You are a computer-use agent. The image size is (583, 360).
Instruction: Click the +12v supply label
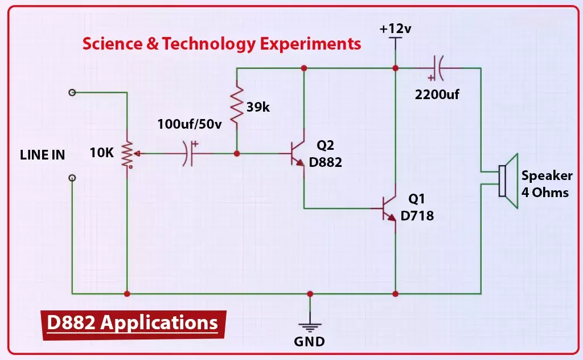coord(395,28)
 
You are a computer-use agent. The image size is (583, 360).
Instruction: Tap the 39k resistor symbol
coord(237,105)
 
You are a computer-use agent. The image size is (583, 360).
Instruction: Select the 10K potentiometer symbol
coord(128,154)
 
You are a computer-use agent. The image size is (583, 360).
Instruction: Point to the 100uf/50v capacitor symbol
coord(189,153)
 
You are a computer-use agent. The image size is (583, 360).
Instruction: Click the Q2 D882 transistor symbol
coord(297,154)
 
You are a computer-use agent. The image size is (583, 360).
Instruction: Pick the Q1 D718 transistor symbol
coord(389,208)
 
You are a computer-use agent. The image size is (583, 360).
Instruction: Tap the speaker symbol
coord(508,181)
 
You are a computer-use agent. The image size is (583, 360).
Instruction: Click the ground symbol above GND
coord(310,328)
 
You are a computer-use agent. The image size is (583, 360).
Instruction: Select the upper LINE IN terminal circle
coord(72,92)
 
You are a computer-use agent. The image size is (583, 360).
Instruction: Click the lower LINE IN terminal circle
coord(72,178)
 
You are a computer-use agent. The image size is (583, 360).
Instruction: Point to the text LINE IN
coord(42,155)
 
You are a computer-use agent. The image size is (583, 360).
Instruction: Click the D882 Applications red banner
coord(133,325)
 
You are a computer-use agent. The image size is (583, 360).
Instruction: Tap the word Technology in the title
coord(209,44)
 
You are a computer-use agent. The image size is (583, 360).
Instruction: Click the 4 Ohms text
coord(545,193)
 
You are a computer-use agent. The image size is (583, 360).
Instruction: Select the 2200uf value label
coord(437,95)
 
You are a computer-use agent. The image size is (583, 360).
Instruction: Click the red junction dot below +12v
coord(395,68)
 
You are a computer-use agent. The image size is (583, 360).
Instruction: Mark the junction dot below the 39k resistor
coord(237,153)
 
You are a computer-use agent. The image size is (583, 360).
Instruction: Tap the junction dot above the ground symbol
coord(310,294)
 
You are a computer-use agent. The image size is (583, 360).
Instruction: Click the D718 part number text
coord(417,216)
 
